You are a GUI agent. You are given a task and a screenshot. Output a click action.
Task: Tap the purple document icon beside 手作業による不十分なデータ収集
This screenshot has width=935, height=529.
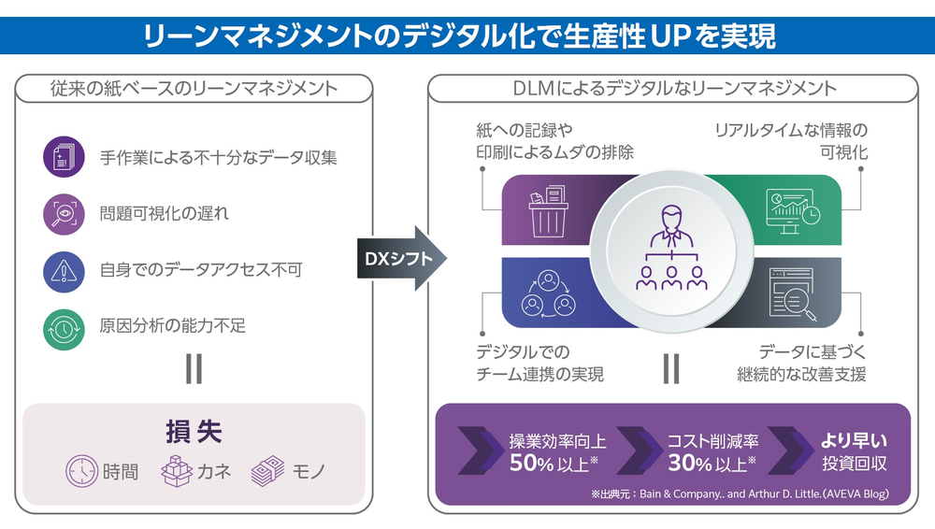click(x=65, y=157)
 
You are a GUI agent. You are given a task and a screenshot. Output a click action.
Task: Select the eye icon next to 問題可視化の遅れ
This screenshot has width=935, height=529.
click(x=65, y=214)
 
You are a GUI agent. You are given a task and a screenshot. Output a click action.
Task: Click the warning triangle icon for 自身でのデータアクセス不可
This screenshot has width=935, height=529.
click(x=65, y=270)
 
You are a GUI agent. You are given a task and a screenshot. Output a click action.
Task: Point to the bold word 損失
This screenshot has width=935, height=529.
click(x=194, y=434)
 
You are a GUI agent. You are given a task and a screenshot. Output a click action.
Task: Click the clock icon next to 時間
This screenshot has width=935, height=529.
click(x=81, y=470)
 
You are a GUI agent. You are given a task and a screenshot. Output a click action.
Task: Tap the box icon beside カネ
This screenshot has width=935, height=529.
click(x=177, y=470)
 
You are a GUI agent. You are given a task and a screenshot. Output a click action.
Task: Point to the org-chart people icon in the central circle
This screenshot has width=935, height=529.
click(x=670, y=247)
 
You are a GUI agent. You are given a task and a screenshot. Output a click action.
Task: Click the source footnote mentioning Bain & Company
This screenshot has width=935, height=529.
click(x=739, y=493)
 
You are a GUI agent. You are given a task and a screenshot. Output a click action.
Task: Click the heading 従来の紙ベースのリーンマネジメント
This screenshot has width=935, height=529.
click(x=194, y=89)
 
